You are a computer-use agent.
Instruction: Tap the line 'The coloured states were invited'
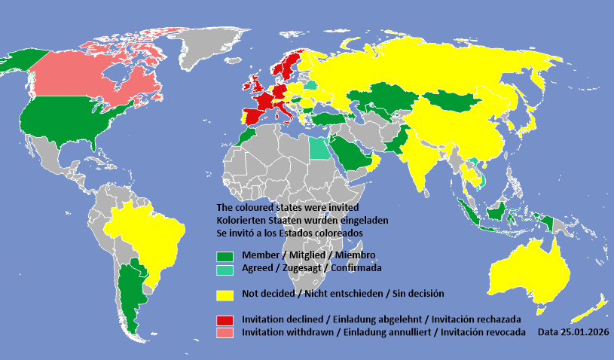(x=287, y=207)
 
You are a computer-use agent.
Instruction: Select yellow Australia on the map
(x=527, y=271)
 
